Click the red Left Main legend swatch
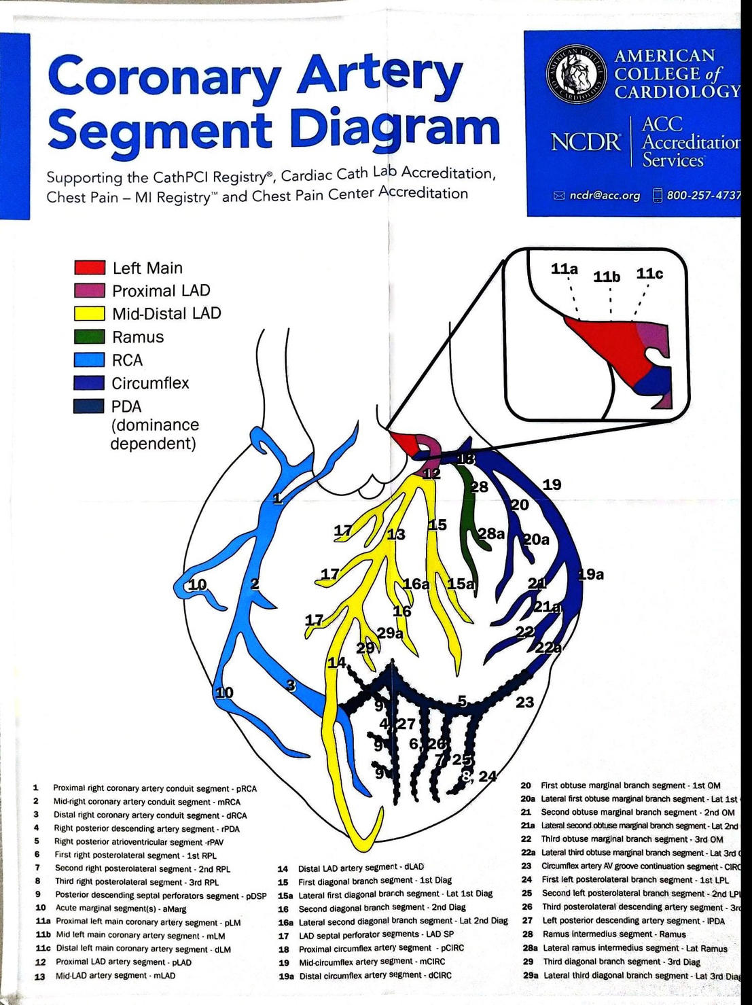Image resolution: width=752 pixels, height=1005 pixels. [90, 267]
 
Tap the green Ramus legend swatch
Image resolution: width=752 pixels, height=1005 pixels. [90, 336]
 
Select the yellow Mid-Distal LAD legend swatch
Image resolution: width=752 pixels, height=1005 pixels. [90, 313]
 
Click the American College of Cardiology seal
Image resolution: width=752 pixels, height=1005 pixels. [576, 74]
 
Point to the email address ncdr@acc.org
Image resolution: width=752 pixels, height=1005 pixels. [604, 196]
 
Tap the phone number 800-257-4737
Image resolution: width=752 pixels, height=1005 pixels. [704, 196]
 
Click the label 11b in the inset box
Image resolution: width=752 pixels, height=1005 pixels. [607, 277]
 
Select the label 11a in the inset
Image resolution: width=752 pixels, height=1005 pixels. [565, 269]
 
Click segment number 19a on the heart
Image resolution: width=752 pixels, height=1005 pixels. [590, 575]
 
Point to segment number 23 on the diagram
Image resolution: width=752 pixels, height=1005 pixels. [524, 703]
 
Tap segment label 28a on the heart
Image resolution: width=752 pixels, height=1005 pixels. [490, 533]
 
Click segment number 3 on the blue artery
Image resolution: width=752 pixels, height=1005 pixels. [291, 686]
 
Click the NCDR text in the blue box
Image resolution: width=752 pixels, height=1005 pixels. [586, 142]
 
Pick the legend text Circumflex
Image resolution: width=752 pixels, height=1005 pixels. [150, 383]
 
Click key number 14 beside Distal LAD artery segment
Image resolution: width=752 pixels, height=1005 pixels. [283, 868]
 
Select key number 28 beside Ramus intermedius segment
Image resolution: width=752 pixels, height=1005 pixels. [527, 934]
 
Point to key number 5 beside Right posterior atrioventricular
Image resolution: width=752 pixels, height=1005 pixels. [37, 841]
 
